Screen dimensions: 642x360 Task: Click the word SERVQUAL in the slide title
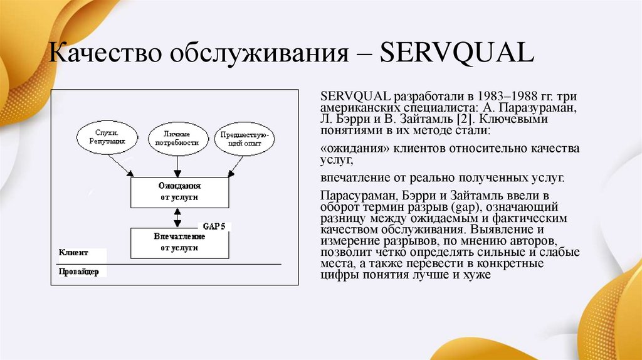[457, 53]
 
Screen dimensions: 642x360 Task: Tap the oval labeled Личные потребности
[177, 137]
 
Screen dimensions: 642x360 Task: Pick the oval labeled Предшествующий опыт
[244, 139]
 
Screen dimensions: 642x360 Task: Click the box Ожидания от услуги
[179, 192]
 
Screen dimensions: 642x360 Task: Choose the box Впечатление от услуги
[179, 243]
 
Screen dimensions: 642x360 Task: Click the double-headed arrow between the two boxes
[178, 218]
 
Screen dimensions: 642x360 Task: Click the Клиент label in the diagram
[74, 253]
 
